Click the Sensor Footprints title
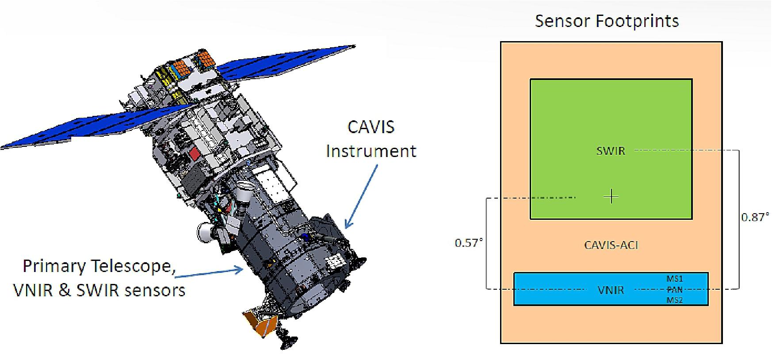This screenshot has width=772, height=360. pos(607,21)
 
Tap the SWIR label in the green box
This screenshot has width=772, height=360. pos(611,151)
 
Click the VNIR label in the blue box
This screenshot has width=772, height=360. pos(611,290)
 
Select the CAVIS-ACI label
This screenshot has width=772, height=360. pos(611,245)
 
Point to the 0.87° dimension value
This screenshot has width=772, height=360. pos(754,217)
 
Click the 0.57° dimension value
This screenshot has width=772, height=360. pos(469,243)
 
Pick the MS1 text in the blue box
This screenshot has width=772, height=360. pos(674,279)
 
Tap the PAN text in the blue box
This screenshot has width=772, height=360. pos(674,290)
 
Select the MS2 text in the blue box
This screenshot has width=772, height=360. pos(674,300)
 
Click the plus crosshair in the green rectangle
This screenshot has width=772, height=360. pos(611,196)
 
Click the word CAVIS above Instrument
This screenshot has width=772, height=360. pos(371,127)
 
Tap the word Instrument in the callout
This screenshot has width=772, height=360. pos(371,151)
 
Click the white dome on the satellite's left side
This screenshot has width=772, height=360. pos(204,230)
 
